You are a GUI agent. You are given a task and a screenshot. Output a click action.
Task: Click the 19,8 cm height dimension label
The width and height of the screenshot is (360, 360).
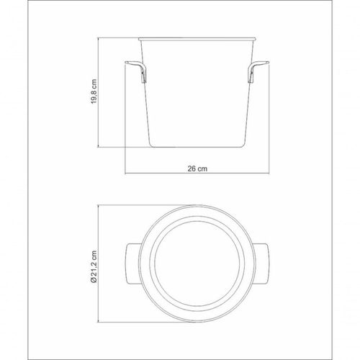(x=94, y=91)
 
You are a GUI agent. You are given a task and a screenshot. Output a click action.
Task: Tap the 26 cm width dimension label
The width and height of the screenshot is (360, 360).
(x=197, y=168)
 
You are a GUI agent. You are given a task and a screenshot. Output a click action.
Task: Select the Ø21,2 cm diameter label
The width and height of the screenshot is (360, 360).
(x=94, y=267)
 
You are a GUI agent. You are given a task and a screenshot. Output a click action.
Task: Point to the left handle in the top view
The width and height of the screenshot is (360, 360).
(x=132, y=264)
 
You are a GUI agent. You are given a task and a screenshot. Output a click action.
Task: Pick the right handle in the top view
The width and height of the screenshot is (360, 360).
(x=261, y=264)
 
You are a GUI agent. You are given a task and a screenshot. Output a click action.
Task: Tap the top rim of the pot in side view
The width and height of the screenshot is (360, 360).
(x=197, y=39)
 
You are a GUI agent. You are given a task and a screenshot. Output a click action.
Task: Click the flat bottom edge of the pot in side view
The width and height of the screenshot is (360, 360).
(x=197, y=147)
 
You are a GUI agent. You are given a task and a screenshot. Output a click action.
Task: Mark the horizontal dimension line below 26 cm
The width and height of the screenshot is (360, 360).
(x=197, y=174)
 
